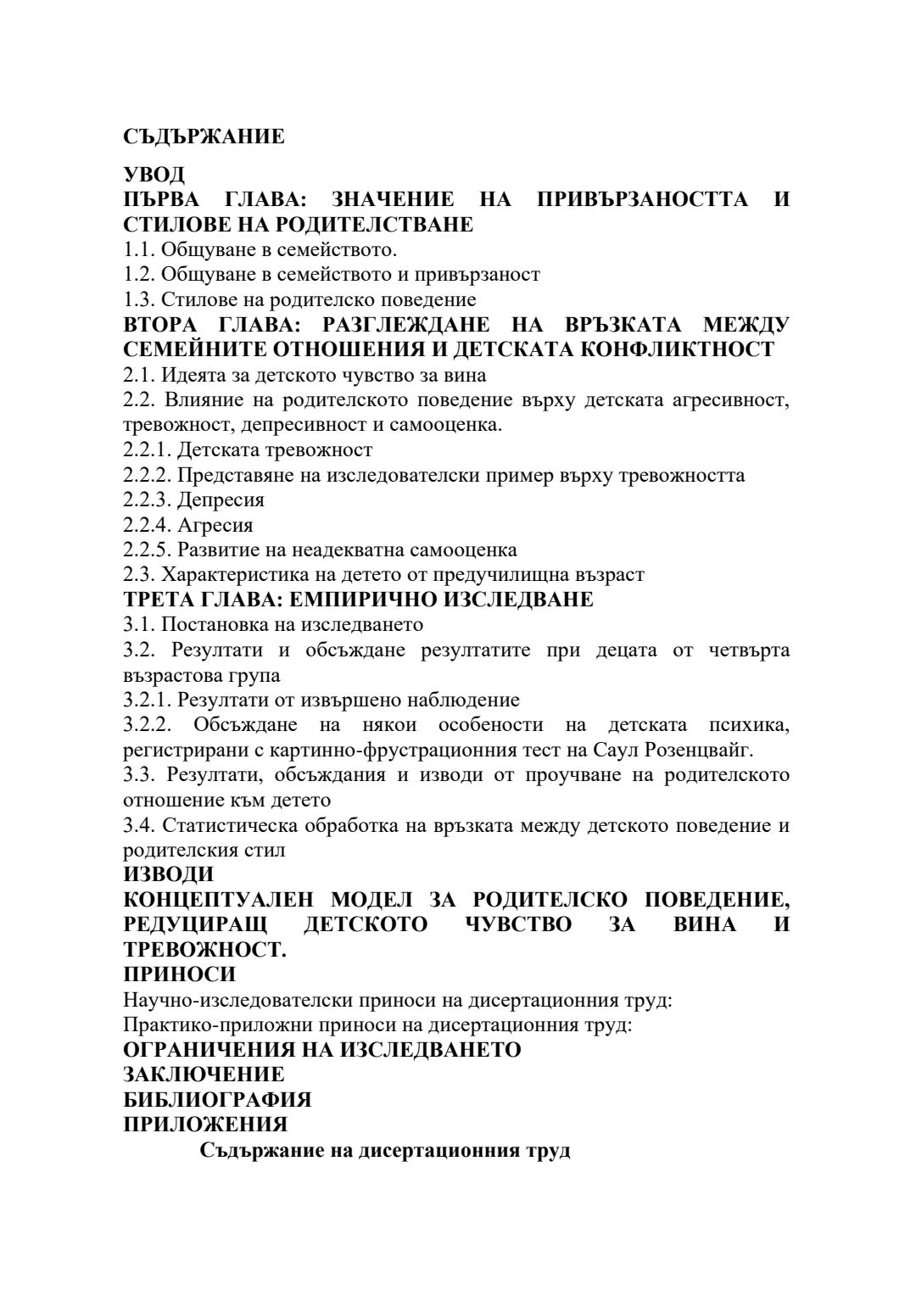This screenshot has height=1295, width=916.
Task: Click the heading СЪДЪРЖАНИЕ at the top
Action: (204, 137)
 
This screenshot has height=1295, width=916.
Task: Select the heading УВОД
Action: (154, 175)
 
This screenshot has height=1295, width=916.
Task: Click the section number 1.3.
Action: (139, 299)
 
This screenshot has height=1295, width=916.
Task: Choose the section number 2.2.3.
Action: (148, 500)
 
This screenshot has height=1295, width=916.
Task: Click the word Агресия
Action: (215, 525)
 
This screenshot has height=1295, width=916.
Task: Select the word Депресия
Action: (221, 500)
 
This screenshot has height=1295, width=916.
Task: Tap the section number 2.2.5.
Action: (148, 550)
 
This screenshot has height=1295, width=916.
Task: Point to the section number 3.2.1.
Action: (148, 700)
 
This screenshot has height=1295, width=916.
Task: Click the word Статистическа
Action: (226, 825)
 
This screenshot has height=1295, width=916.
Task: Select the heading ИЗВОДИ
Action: (169, 874)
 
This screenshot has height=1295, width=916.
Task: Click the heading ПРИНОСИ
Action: (179, 974)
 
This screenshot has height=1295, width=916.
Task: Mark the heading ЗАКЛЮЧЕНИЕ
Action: (204, 1075)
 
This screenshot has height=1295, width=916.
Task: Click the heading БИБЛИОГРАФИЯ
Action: (217, 1100)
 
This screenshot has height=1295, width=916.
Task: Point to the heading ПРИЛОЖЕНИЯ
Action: (205, 1125)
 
